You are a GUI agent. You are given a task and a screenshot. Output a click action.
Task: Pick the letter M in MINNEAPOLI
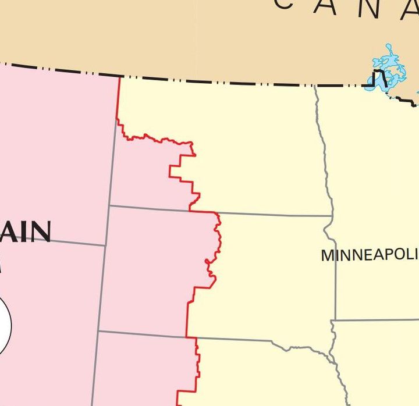[x=328, y=255]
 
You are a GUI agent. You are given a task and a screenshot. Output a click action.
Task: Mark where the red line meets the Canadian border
[x=119, y=76]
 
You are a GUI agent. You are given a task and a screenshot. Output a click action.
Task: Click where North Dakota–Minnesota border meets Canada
[x=316, y=86]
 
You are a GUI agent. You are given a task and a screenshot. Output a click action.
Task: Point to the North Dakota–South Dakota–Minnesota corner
[x=332, y=216]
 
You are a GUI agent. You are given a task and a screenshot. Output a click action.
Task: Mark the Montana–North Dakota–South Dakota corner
[x=109, y=205]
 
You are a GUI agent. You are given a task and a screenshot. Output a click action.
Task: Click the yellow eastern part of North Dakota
[x=256, y=151]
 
